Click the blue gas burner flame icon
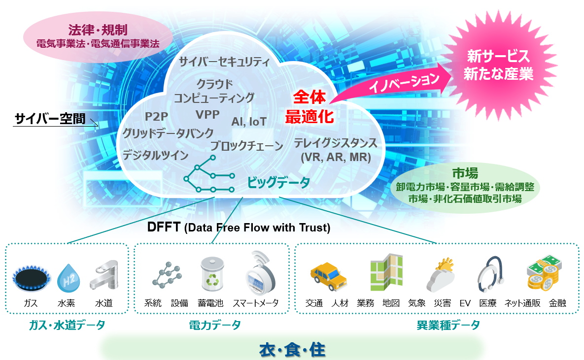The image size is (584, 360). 31,278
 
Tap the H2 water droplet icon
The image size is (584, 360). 68,278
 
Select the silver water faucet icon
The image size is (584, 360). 104,275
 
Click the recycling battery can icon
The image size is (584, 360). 212,274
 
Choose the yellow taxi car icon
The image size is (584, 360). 329,276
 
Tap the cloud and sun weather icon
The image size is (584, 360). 441,275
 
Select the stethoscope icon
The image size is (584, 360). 490,274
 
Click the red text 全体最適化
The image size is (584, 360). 309,107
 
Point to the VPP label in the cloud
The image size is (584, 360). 207,115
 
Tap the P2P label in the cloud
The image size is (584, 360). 156,117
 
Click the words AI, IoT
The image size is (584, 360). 249,122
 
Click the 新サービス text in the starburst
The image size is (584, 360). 498,56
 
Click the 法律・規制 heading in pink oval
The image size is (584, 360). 98,30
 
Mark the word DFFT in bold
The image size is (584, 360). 164,227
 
